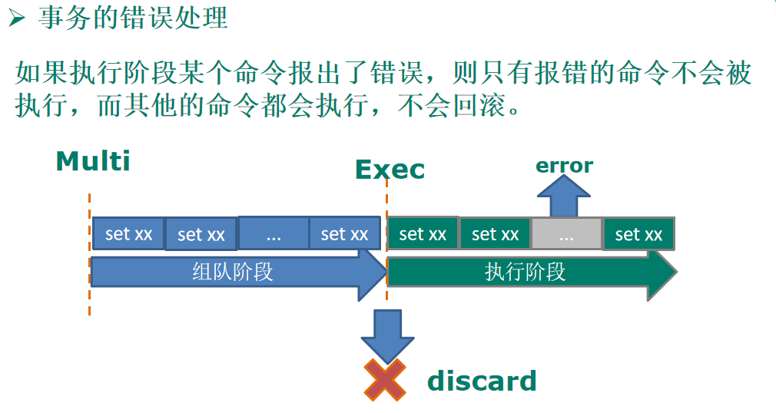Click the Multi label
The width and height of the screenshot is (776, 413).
(93, 162)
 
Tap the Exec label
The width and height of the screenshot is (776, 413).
(390, 170)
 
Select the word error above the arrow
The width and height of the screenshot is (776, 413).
(564, 166)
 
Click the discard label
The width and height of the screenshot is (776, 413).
(482, 381)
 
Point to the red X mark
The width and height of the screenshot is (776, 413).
(384, 380)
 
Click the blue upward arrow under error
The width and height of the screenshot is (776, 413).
(565, 197)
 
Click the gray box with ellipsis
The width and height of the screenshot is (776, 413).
(566, 234)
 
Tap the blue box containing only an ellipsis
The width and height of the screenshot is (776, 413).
(274, 233)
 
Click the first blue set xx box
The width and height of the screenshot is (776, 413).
(128, 234)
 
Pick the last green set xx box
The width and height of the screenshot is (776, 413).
(638, 234)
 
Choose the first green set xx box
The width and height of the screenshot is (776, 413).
(423, 234)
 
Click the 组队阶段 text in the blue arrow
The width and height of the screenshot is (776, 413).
(232, 272)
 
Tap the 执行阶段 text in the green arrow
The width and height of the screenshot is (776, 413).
(525, 272)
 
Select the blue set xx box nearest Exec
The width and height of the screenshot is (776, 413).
(344, 233)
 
